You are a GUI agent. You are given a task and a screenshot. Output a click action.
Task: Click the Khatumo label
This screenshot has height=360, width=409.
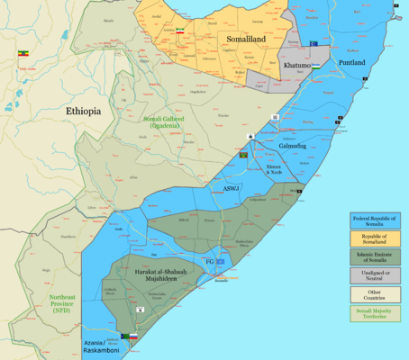297,67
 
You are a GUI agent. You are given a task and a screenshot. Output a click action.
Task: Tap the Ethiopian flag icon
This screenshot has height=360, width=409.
23,53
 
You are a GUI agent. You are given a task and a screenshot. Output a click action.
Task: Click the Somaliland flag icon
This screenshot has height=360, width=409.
178,31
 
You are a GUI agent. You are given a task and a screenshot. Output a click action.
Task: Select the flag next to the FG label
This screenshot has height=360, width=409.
220,261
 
